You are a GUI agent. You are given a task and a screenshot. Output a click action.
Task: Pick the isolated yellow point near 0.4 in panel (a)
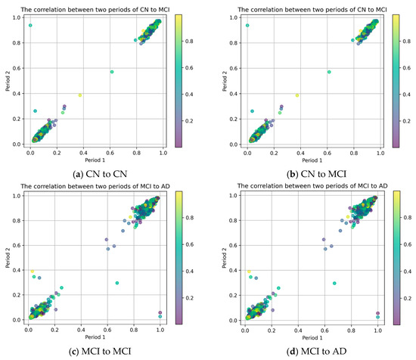(x=79, y=95)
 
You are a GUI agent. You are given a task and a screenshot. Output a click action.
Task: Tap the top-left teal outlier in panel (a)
(x=30, y=26)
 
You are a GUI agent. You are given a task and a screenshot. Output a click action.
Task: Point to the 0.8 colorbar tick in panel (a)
(x=194, y=38)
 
